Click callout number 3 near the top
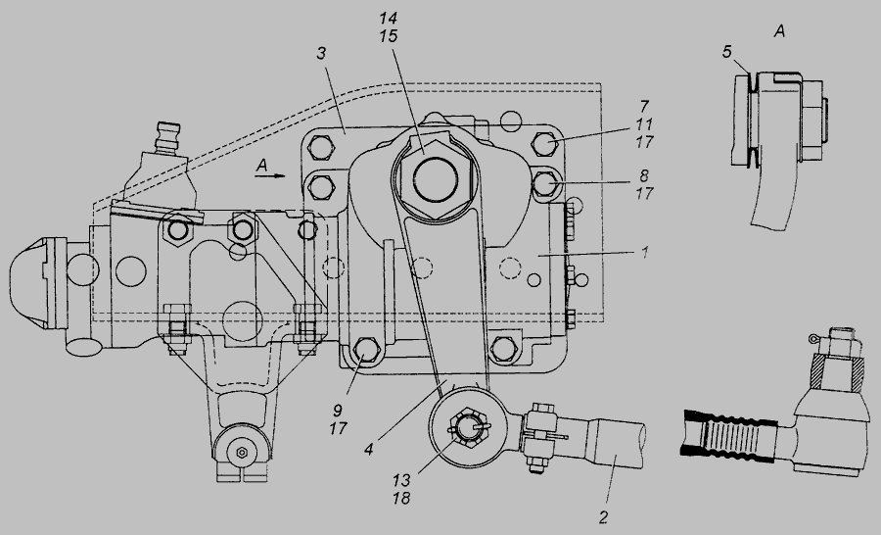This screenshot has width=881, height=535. point(321,54)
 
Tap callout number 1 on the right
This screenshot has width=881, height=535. point(645,252)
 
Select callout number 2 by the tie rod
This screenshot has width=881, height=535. point(603,517)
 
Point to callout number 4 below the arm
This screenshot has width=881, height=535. point(369,450)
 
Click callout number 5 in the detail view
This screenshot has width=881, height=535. point(727,52)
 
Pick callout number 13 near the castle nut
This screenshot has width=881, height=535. point(401,480)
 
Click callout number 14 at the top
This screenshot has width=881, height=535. point(389,19)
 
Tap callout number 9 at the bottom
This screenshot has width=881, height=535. point(338,411)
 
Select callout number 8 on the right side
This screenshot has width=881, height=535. point(644,175)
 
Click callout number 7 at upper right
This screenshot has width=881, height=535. point(644,107)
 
